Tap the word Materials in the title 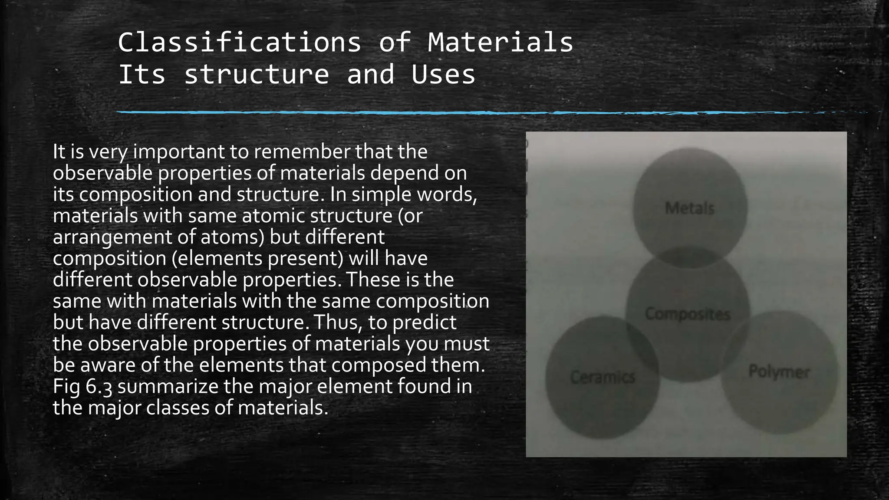tap(500, 43)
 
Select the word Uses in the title tap(443, 74)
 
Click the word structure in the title tap(257, 74)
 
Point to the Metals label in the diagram tap(689, 208)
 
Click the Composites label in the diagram tap(688, 314)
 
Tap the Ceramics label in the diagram tap(603, 377)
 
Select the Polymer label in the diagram tap(779, 372)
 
